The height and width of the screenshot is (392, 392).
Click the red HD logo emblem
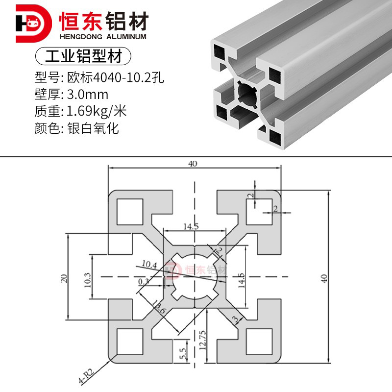(x=33, y=23)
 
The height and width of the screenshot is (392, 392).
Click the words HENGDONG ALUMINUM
(x=102, y=37)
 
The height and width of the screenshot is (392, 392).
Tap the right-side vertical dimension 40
(x=323, y=278)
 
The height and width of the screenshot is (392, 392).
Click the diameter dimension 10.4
(x=148, y=265)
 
